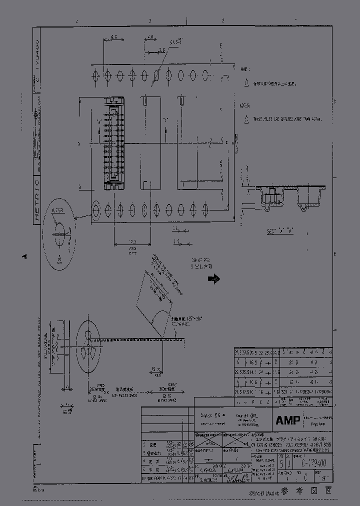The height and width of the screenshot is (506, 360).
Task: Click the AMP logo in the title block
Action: click(288, 420)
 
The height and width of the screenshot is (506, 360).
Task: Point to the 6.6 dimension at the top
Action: click(113, 38)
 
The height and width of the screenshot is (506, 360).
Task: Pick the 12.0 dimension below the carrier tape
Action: click(132, 241)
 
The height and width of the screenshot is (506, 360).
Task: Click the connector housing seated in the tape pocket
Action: click(113, 144)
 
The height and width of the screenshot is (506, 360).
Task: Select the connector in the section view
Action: click(269, 197)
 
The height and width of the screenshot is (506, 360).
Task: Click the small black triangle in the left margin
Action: click(24, 256)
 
